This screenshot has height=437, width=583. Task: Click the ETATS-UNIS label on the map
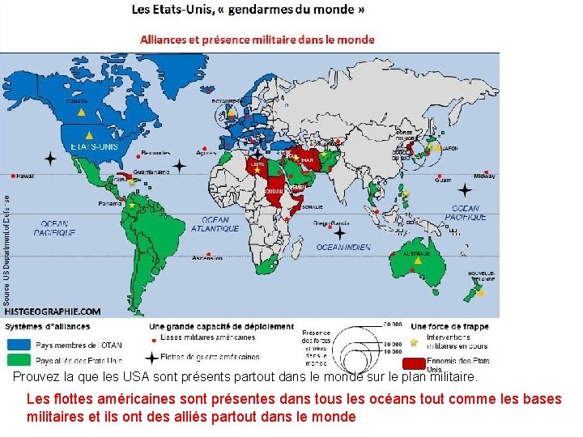coord(94,146)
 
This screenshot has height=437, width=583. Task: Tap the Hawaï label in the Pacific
coord(25,176)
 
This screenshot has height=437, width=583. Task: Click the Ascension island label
coord(206,259)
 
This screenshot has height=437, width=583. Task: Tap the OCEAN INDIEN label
coord(343,247)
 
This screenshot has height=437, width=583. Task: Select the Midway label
coord(484,176)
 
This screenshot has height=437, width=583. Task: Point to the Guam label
coord(443,180)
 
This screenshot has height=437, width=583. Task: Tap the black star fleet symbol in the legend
coord(151,357)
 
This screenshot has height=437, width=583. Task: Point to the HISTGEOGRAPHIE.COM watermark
coord(53,311)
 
